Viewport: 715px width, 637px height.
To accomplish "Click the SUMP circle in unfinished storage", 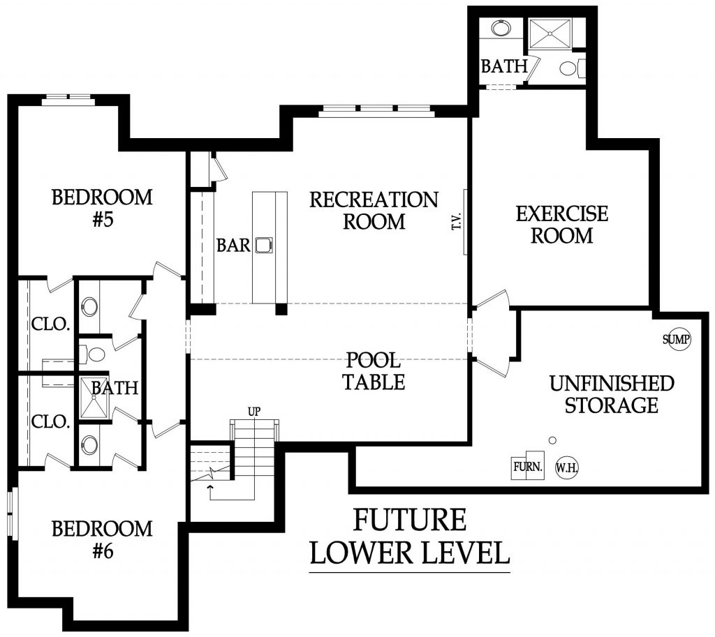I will pos(676,340).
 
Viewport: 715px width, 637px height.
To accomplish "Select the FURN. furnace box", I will pos(528,466).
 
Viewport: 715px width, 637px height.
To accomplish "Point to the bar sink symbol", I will pos(264,245).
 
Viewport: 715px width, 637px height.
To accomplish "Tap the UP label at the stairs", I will pos(254,412).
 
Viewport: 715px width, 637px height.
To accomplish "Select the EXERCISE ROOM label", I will pos(562,224).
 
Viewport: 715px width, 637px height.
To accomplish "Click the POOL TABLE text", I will pos(374,371).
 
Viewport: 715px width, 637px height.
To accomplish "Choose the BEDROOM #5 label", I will pos(102,208).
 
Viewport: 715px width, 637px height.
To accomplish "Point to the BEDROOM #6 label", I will pos(102,539).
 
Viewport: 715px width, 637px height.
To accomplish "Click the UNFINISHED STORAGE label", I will pos(612,394).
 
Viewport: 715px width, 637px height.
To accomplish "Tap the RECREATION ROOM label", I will pos(374,211).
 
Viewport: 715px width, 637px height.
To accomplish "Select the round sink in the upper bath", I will pos(500,29).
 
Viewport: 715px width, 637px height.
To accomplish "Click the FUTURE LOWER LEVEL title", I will pos(409,537).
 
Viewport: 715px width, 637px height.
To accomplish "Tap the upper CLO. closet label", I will pos(50,324).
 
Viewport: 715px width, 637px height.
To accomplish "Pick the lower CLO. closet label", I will pos(50,421).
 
